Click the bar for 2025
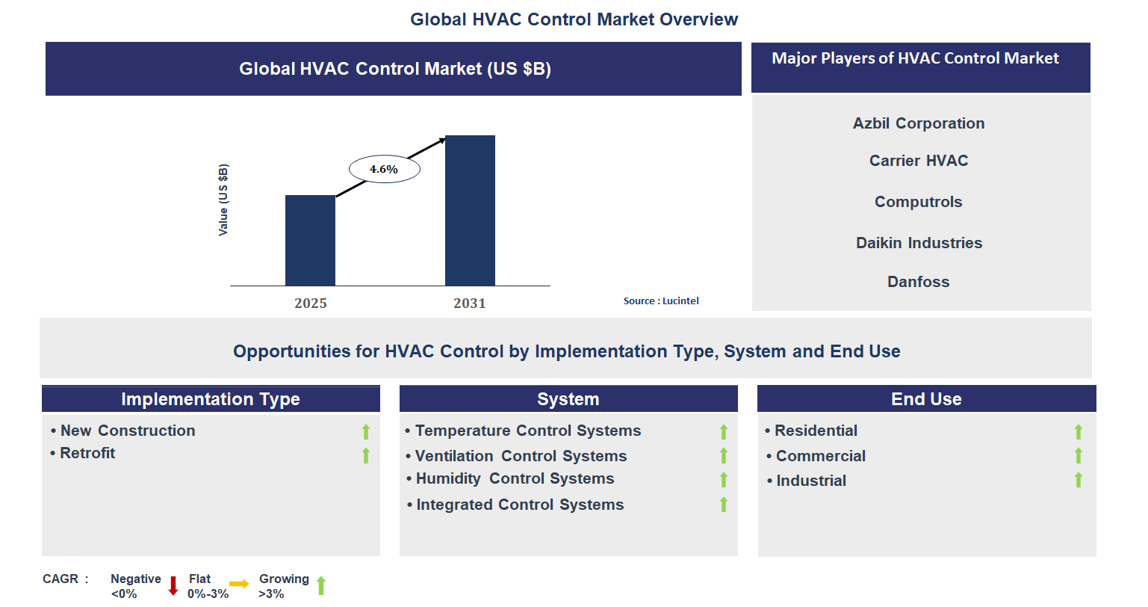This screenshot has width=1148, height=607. [x=310, y=240]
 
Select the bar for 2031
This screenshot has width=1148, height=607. [x=470, y=210]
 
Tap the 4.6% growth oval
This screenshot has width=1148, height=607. [x=384, y=169]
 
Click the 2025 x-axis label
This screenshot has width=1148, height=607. [x=310, y=303]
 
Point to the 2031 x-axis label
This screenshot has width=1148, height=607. [x=469, y=303]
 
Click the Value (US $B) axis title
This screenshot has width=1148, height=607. [x=223, y=200]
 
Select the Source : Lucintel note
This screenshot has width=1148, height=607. [x=661, y=301]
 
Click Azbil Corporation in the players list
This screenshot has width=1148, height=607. [x=919, y=123]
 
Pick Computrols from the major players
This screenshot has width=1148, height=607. [x=918, y=202]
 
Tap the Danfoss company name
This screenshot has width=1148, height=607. [x=918, y=282]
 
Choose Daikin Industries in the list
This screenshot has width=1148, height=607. [x=919, y=243]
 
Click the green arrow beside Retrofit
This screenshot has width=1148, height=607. [x=366, y=455]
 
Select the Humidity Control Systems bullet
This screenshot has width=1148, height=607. [x=515, y=478]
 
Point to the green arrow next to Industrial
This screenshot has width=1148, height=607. [x=1078, y=480]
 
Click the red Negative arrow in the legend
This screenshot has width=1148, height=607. [x=173, y=585]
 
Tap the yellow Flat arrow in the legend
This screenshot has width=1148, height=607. [x=239, y=584]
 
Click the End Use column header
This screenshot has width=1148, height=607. [x=926, y=399]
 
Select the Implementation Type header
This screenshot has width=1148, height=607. [x=211, y=399]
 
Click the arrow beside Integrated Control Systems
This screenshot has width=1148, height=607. [x=723, y=505]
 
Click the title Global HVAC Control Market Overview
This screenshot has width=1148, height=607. [x=574, y=19]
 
